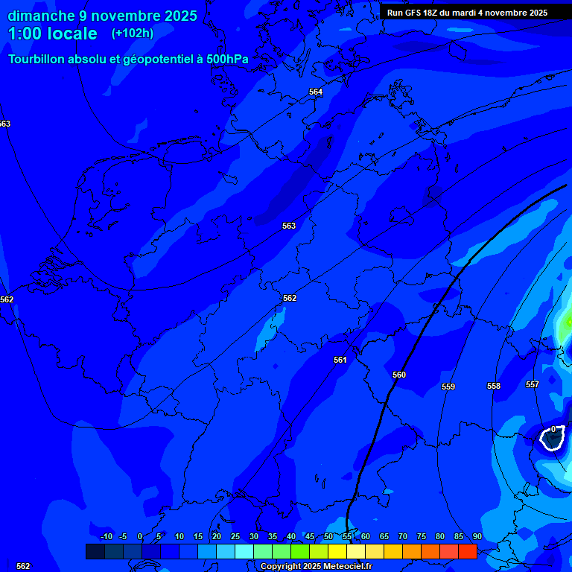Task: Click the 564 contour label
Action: pyautogui.click(x=316, y=92)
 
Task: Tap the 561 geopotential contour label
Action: pyautogui.click(x=340, y=360)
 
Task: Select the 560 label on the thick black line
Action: pyautogui.click(x=399, y=375)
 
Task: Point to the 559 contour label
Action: pyautogui.click(x=448, y=387)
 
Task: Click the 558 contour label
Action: pyautogui.click(x=494, y=386)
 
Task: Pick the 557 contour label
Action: pyautogui.click(x=533, y=384)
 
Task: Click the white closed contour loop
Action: pyautogui.click(x=552, y=439)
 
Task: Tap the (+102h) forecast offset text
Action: pyautogui.click(x=133, y=34)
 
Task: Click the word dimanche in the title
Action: pyautogui.click(x=42, y=16)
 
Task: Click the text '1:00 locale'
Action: pyautogui.click(x=53, y=34)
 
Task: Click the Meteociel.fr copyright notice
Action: pyautogui.click(x=316, y=567)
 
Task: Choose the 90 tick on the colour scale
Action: pyautogui.click(x=477, y=536)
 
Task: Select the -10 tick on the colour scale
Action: pyautogui.click(x=107, y=536)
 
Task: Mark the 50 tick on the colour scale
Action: pyautogui.click(x=328, y=536)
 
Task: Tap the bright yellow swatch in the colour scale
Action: pyautogui.click(x=337, y=551)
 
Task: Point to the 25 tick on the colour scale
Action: pyautogui.click(x=235, y=536)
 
